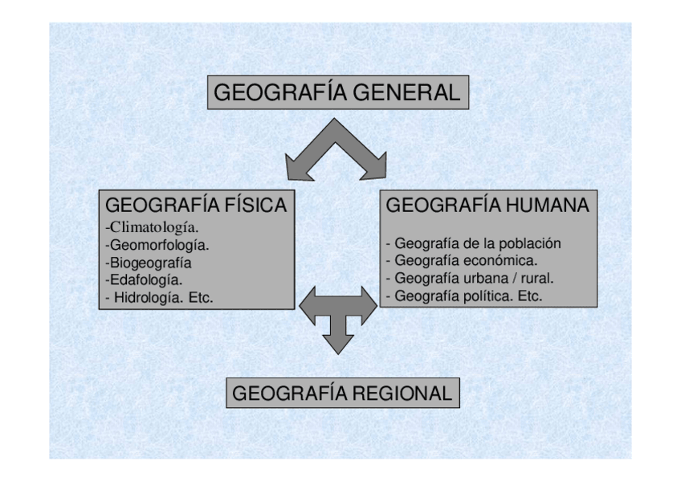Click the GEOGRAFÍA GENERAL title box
click(337, 92)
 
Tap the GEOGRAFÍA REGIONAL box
click(342, 393)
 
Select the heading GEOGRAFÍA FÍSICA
click(196, 206)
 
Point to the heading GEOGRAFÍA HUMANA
click(487, 206)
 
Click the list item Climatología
click(153, 226)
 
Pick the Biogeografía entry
click(150, 263)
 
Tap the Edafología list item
click(145, 280)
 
